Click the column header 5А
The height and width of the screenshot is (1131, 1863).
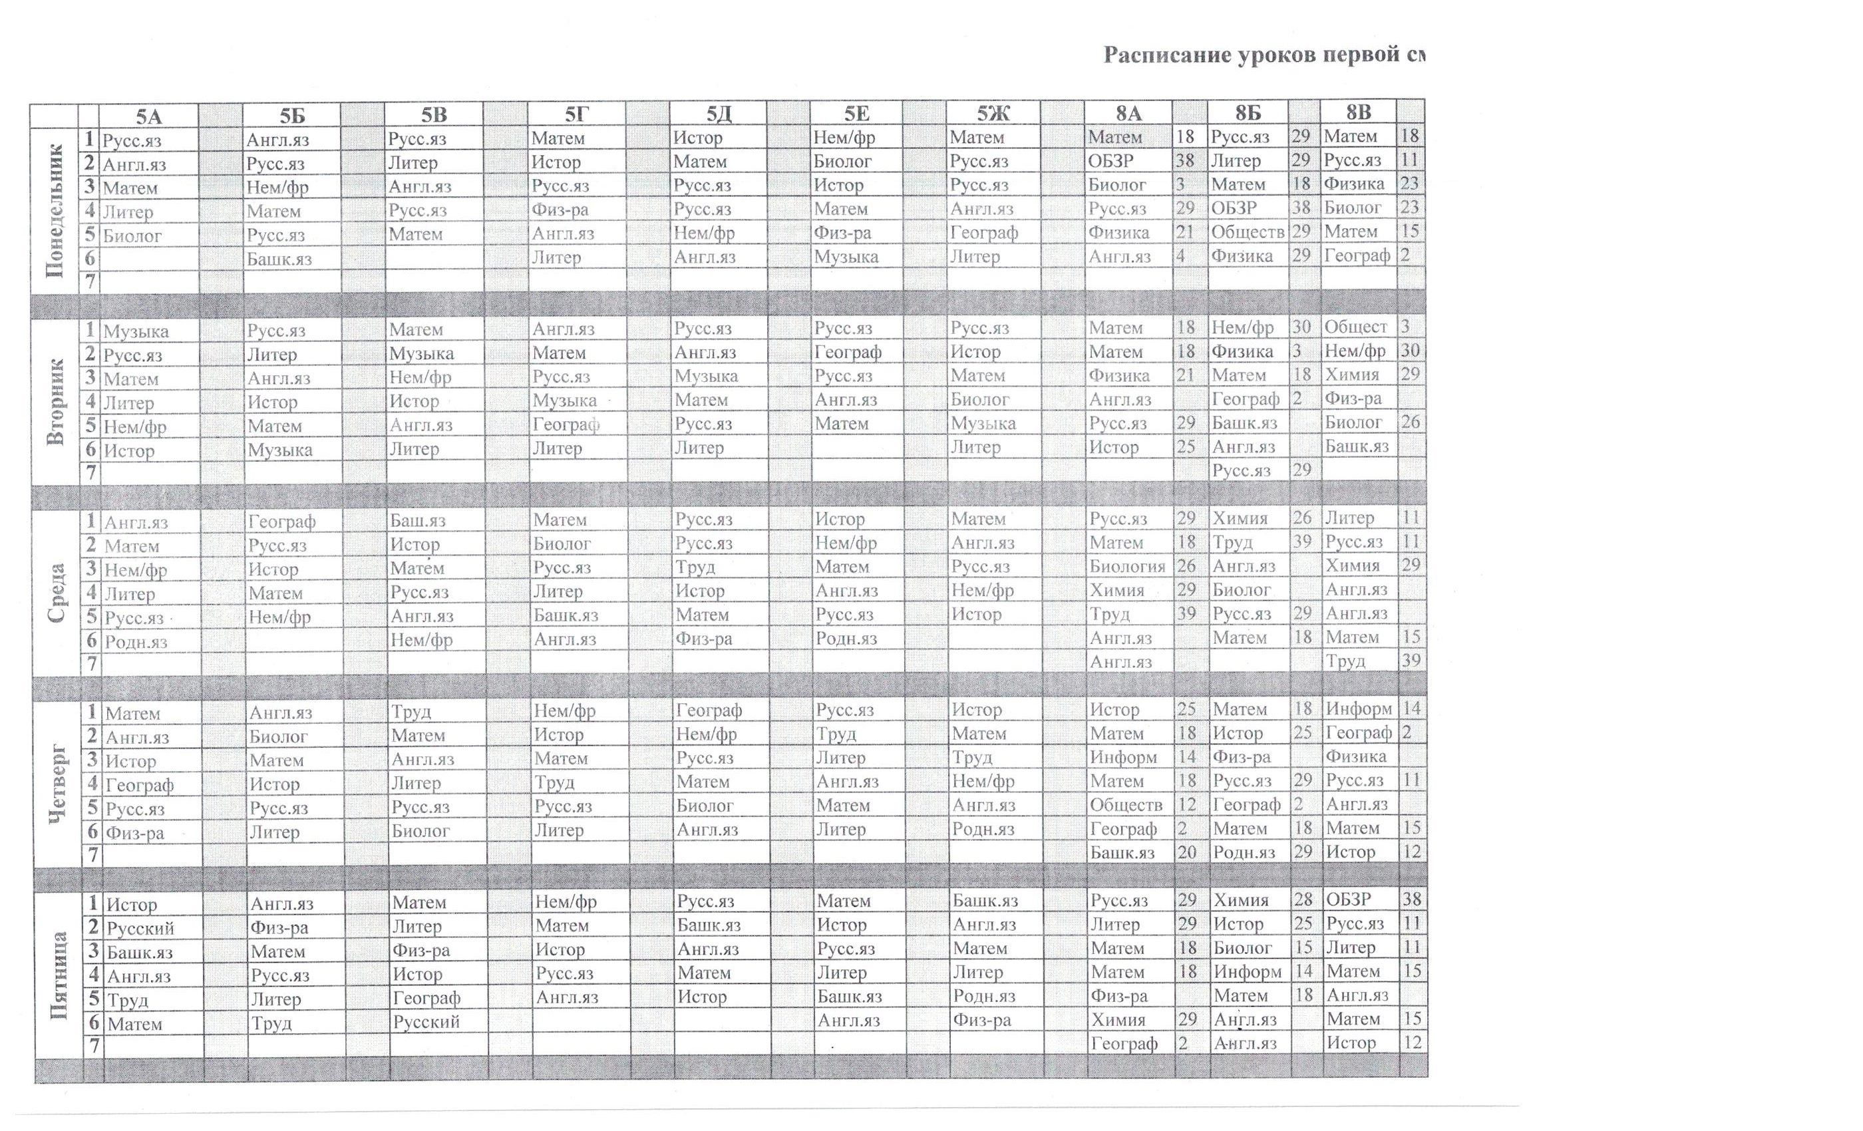pyautogui.click(x=149, y=116)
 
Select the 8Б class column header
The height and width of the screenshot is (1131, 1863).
pyautogui.click(x=1248, y=112)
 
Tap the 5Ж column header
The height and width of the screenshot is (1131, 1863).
pyautogui.click(x=993, y=113)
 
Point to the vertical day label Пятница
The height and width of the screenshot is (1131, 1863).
pyautogui.click(x=59, y=975)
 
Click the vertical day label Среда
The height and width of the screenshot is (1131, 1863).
pyautogui.click(x=57, y=593)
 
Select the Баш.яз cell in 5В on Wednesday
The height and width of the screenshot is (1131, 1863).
pyautogui.click(x=418, y=520)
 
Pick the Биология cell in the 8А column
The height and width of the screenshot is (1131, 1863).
pyautogui.click(x=1126, y=565)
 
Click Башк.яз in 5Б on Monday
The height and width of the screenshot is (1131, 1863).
pyautogui.click(x=279, y=259)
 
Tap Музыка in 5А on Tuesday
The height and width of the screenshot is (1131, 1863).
pyautogui.click(x=136, y=331)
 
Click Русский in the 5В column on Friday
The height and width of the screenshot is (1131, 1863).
pyautogui.click(x=426, y=1022)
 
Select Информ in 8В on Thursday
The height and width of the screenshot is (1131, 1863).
pyautogui.click(x=1358, y=709)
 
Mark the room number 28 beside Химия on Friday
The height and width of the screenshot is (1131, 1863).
pyautogui.click(x=1303, y=899)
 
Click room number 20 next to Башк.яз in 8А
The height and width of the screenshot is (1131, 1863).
pyautogui.click(x=1186, y=852)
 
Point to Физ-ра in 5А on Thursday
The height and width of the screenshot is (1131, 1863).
pyautogui.click(x=135, y=833)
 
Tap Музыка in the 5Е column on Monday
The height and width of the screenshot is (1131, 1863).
pyautogui.click(x=846, y=257)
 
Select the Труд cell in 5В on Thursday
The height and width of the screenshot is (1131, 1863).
pyautogui.click(x=411, y=711)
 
